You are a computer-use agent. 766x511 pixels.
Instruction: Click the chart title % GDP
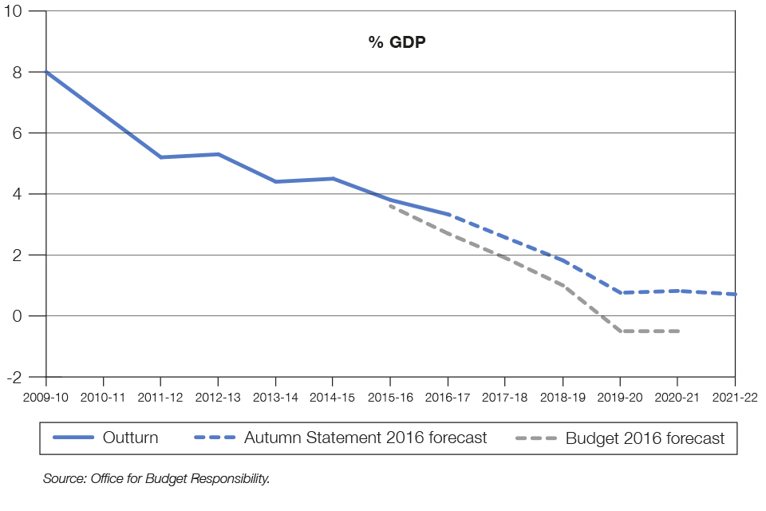click(x=397, y=42)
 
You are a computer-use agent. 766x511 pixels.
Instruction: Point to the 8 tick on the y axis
click(x=36, y=72)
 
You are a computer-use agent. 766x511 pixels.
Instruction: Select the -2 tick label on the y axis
click(x=33, y=377)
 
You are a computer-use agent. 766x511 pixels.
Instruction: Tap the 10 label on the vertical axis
click(x=32, y=11)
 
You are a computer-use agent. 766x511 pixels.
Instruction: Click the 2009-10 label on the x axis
click(x=45, y=395)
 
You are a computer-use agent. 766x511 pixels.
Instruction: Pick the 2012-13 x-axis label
click(x=218, y=395)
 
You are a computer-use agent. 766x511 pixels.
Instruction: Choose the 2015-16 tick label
click(x=390, y=395)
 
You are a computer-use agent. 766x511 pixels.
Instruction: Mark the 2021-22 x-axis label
click(x=735, y=395)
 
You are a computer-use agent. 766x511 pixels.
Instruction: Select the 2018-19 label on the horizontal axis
click(x=563, y=395)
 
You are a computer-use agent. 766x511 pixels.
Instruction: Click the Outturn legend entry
click(x=130, y=438)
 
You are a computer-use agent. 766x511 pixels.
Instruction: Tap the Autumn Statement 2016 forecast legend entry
click(x=365, y=438)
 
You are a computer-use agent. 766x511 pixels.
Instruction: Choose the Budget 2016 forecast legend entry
click(x=645, y=438)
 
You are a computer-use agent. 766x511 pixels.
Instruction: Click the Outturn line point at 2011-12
click(x=160, y=157)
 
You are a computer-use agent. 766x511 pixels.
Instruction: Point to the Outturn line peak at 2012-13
click(x=218, y=154)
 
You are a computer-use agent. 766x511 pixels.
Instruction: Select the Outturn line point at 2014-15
click(x=333, y=178)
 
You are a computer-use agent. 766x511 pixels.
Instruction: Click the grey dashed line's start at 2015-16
click(x=390, y=206)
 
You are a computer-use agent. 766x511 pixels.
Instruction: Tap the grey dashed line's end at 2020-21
click(x=677, y=331)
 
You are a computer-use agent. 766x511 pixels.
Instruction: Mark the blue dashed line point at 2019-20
click(x=620, y=292)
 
